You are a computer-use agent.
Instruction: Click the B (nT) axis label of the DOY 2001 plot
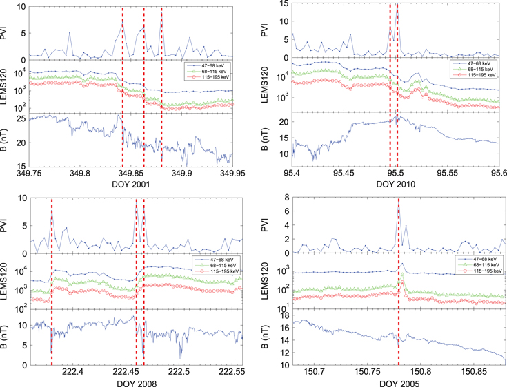click(x=9, y=143)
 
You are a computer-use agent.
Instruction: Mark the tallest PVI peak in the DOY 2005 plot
click(x=399, y=207)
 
